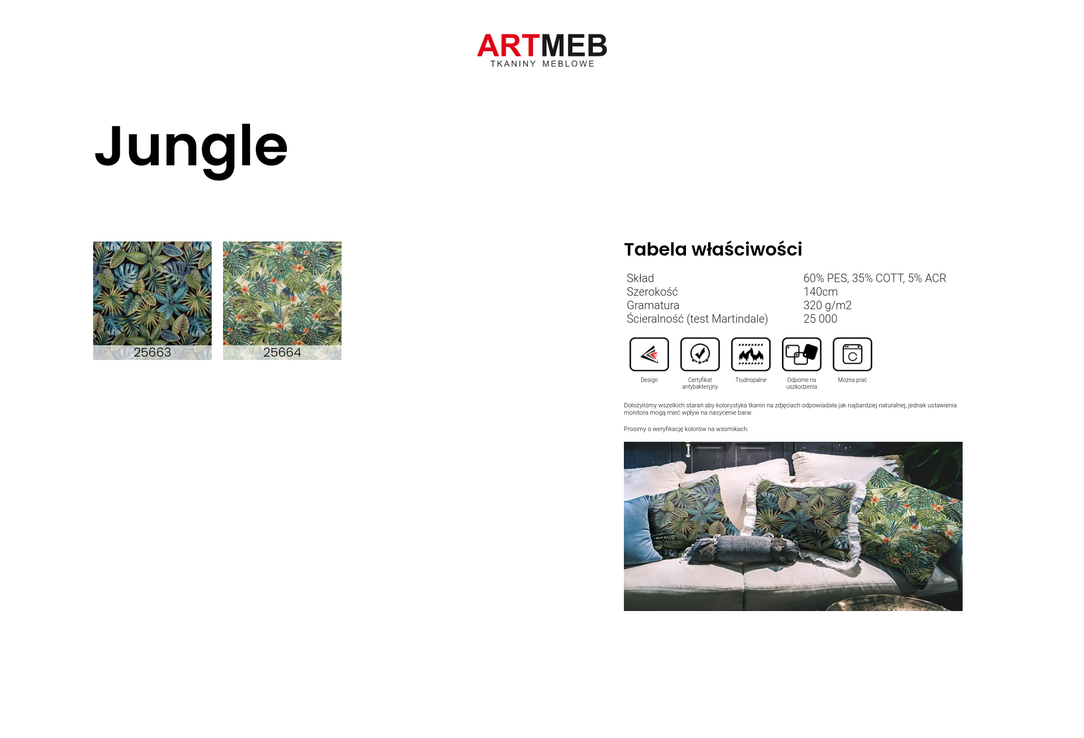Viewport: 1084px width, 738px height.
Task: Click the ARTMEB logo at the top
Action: click(x=542, y=50)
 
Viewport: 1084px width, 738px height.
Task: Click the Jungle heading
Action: click(x=191, y=148)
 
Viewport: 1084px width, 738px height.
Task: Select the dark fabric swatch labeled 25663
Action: click(x=152, y=301)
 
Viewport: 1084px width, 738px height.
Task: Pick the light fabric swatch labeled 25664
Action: click(x=282, y=301)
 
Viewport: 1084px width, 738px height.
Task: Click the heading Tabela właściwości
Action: click(x=713, y=249)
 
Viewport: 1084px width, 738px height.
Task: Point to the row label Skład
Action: click(x=640, y=278)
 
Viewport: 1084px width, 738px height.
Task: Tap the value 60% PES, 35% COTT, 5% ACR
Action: click(x=875, y=278)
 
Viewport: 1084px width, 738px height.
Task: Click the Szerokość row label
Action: click(x=652, y=292)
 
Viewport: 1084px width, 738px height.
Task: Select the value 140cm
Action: click(x=820, y=292)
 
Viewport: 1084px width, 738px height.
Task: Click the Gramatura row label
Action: click(x=653, y=305)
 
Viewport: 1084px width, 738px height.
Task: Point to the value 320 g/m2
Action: click(x=827, y=305)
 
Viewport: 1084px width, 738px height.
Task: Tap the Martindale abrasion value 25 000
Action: click(x=820, y=319)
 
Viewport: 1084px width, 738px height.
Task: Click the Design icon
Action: click(x=649, y=354)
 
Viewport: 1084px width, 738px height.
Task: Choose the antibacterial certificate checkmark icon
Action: click(x=700, y=354)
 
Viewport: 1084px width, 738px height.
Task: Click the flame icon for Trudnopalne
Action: click(x=751, y=354)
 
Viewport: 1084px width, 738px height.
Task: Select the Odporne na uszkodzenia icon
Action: click(x=802, y=354)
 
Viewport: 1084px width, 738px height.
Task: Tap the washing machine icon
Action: click(x=853, y=354)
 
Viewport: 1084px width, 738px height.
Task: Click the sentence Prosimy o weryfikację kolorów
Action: click(x=686, y=429)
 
